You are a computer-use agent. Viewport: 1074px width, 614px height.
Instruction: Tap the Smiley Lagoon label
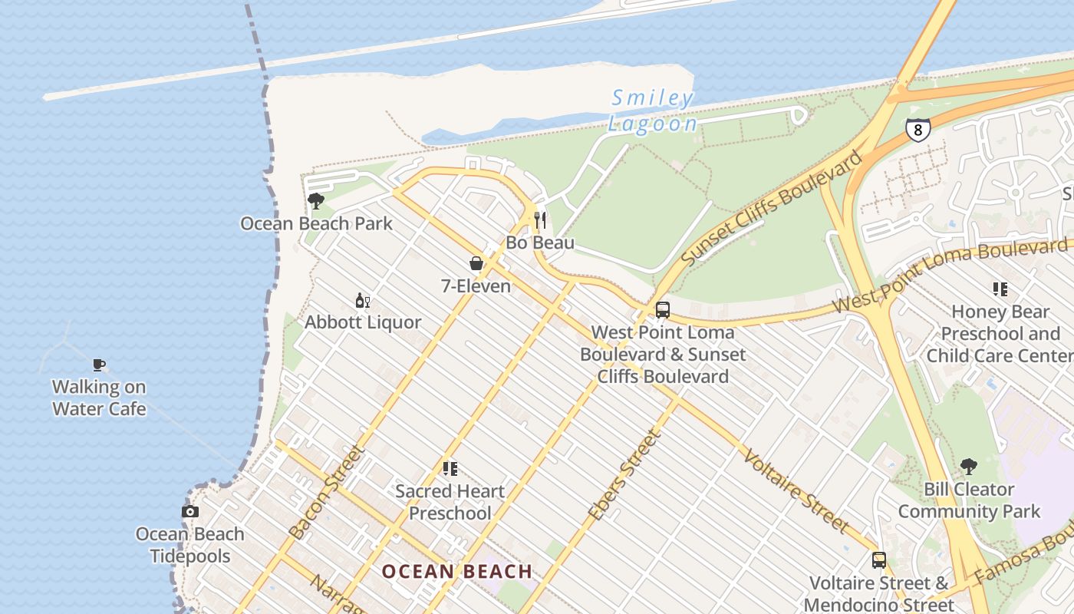[x=653, y=111]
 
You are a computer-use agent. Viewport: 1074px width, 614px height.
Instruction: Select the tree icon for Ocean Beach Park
[x=315, y=202]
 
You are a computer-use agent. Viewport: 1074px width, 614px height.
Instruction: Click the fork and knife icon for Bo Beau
[x=540, y=221]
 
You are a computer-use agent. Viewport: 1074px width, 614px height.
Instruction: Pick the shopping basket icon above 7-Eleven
[x=476, y=264]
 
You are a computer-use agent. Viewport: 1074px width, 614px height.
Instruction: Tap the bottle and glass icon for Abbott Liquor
[x=362, y=300]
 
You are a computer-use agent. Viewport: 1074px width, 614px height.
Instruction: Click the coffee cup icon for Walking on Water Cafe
[x=98, y=365]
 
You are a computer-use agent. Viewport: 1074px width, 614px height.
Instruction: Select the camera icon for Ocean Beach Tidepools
[x=189, y=511]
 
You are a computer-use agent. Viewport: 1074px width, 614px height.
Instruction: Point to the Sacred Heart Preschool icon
[x=450, y=468]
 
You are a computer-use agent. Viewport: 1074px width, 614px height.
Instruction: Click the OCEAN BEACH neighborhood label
[x=457, y=571]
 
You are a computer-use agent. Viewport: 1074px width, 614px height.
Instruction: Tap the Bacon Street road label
[x=326, y=492]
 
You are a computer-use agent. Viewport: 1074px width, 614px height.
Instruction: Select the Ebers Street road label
[x=624, y=475]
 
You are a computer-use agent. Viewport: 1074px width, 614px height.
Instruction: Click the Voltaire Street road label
[x=796, y=490]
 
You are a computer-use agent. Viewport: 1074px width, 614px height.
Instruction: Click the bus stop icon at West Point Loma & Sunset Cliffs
[x=663, y=310]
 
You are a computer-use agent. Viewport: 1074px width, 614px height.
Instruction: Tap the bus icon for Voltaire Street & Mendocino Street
[x=879, y=560]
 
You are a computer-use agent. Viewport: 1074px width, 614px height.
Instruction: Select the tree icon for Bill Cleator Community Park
[x=969, y=466]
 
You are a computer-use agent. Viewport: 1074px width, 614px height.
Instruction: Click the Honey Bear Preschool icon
[x=1000, y=289]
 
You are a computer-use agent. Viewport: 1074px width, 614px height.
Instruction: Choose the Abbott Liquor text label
[x=363, y=322]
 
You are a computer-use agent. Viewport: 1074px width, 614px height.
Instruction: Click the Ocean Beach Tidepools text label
[x=189, y=545]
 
